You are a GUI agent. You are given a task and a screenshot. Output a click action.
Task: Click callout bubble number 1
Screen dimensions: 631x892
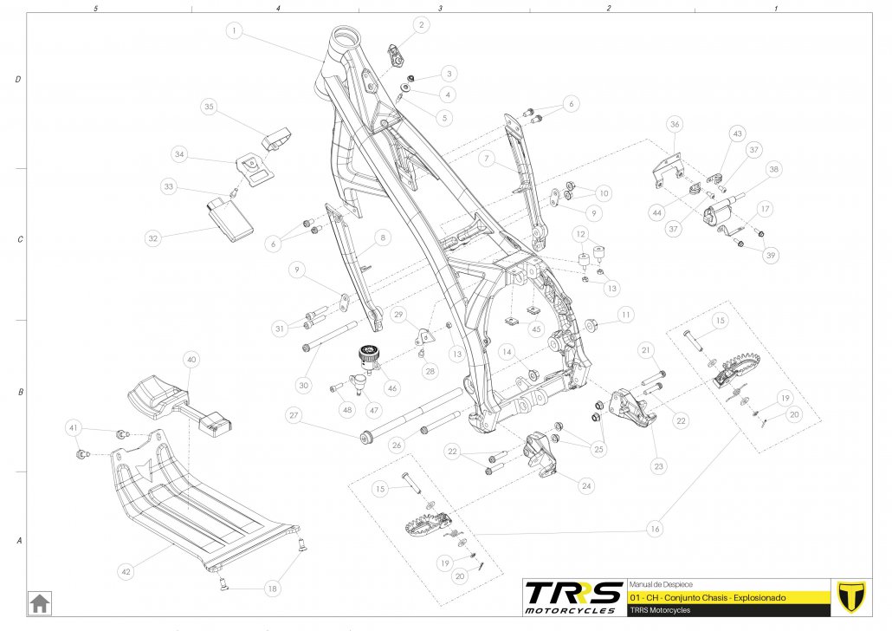point(234,30)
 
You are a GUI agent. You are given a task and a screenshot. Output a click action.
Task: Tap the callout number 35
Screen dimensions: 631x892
point(209,107)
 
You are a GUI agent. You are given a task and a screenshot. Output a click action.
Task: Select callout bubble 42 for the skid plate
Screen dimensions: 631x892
point(126,571)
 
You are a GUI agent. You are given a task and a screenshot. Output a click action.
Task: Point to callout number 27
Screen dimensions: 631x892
point(294,416)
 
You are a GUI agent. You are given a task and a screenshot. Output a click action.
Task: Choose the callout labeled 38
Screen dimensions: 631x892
point(773,169)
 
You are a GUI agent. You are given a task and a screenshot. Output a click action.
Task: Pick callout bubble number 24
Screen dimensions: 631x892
point(587,486)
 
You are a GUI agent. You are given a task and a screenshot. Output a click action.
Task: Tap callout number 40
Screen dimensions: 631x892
point(192,359)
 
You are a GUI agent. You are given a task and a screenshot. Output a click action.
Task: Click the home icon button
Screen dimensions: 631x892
point(39,602)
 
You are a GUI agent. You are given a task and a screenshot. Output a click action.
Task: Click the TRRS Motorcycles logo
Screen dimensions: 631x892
point(573,596)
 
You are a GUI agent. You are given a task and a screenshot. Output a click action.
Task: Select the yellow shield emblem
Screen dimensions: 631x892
point(851,596)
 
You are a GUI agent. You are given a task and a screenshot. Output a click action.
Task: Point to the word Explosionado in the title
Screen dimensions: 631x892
point(756,598)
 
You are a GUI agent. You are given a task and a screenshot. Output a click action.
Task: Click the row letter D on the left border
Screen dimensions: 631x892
point(18,79)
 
